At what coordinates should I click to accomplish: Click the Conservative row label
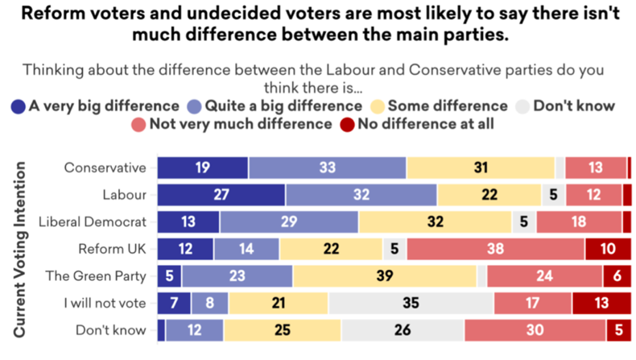(x=105, y=168)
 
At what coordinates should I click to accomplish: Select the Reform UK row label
(x=112, y=249)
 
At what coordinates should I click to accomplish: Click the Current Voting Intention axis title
(x=20, y=250)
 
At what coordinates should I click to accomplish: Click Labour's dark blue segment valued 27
(x=221, y=195)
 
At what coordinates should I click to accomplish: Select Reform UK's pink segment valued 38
(x=496, y=249)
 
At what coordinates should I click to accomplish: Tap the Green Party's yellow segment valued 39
(x=385, y=276)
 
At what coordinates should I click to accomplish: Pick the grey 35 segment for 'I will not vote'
(x=411, y=303)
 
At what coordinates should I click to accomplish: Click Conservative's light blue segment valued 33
(x=328, y=168)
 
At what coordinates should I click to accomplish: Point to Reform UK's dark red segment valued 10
(x=609, y=249)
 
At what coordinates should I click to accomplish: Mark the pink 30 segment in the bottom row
(x=535, y=330)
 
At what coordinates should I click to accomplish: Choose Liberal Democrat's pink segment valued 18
(x=579, y=222)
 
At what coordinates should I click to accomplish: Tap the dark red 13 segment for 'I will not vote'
(x=602, y=303)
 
